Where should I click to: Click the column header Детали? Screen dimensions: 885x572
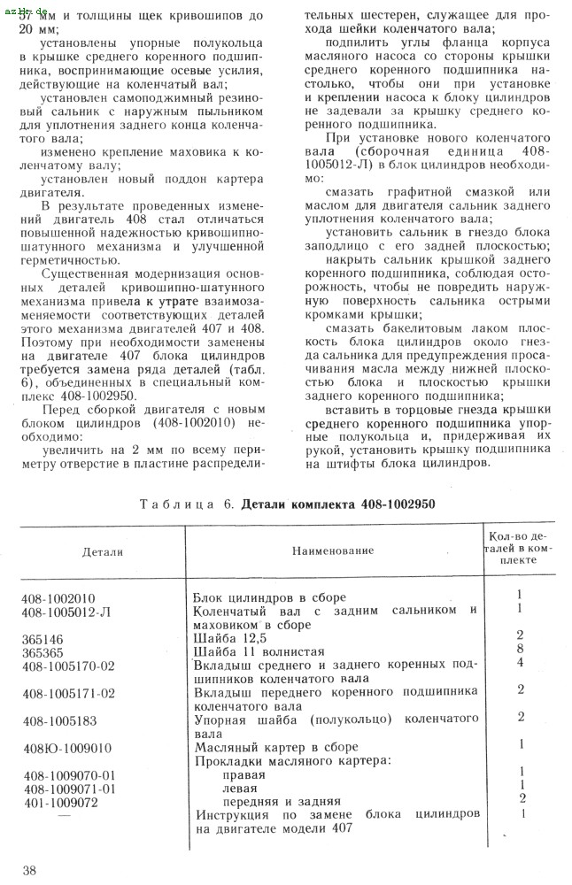coord(103,551)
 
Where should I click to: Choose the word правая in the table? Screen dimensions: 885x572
coord(243,775)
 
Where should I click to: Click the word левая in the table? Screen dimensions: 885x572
coord(240,789)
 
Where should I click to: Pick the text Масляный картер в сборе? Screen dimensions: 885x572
coord(269,748)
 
